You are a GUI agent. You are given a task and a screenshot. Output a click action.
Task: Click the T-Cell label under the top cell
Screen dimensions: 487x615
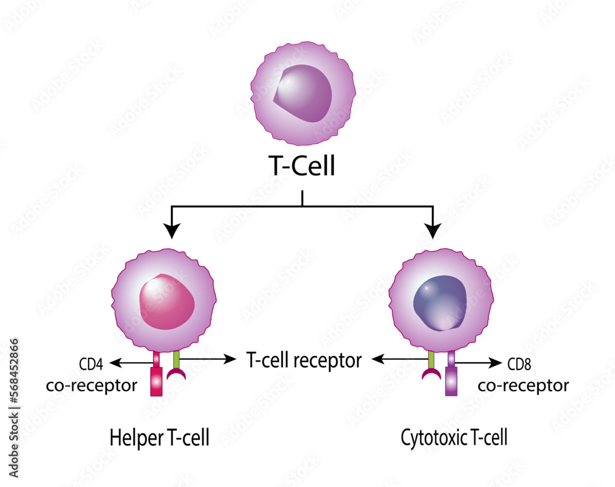point(302,167)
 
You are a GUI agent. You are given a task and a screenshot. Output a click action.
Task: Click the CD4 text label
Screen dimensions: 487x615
point(90,365)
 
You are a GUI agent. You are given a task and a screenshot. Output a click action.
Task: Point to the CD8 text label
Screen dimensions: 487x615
point(519,365)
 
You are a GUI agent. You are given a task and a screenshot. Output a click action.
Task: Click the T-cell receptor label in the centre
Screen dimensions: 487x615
point(303,360)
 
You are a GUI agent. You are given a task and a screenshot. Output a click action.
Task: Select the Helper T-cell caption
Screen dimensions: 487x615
point(159,438)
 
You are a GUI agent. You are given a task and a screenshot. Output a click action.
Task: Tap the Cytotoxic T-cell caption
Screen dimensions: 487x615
point(454,438)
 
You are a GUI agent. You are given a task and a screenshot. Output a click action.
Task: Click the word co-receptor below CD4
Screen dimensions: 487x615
point(91,386)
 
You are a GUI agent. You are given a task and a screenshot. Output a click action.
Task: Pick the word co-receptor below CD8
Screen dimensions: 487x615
point(523,386)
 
